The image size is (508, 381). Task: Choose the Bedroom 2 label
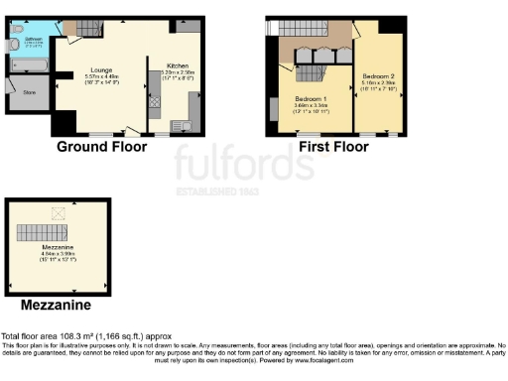click(378, 76)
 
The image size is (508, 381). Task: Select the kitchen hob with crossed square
click(155, 100)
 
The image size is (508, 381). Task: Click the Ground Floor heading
click(101, 147)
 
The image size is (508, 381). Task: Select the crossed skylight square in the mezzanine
click(58, 211)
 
